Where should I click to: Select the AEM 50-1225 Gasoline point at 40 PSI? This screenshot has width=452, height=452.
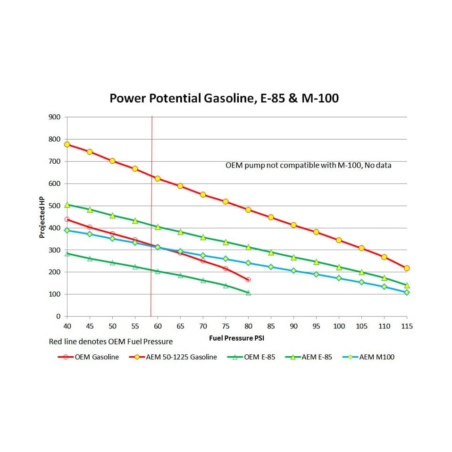pyautogui.click(x=67, y=144)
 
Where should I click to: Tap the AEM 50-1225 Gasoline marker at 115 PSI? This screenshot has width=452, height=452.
pyautogui.click(x=407, y=268)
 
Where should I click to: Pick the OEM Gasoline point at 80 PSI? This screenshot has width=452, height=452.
pyautogui.click(x=248, y=280)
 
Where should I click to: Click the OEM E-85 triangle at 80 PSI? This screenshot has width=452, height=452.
pyautogui.click(x=248, y=293)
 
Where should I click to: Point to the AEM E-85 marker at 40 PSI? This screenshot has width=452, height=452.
pyautogui.click(x=67, y=205)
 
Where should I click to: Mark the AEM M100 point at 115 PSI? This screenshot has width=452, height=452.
pyautogui.click(x=407, y=293)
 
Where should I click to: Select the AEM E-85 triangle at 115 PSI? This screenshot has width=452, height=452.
pyautogui.click(x=407, y=285)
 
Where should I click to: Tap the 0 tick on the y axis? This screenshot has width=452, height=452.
pyautogui.click(x=59, y=317)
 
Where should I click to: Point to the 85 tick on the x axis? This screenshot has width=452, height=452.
pyautogui.click(x=271, y=326)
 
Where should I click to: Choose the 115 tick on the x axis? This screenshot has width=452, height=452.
pyautogui.click(x=406, y=326)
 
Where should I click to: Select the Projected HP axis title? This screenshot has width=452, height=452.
pyautogui.click(x=42, y=217)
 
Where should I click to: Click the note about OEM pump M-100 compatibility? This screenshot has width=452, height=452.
pyautogui.click(x=308, y=166)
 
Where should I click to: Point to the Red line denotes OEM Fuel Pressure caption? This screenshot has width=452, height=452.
pyautogui.click(x=110, y=342)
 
